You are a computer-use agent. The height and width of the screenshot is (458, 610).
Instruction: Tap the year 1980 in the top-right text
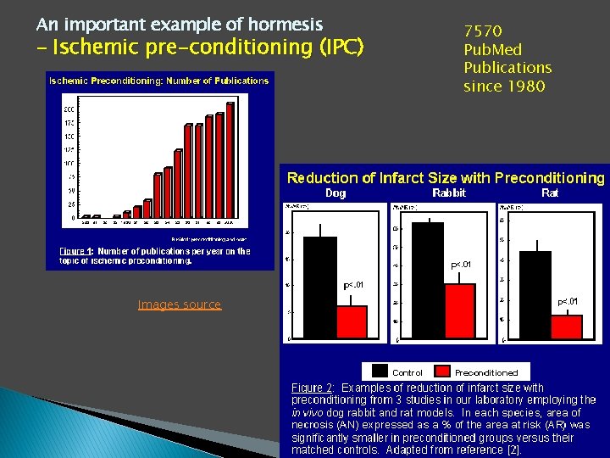(527, 87)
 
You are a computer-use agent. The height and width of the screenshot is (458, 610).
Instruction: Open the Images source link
(179, 304)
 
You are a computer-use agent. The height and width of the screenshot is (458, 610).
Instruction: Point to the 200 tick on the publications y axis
(68, 109)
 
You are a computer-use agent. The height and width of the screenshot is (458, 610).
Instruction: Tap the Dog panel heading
(335, 193)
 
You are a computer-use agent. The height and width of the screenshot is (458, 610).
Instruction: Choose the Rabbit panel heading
(449, 193)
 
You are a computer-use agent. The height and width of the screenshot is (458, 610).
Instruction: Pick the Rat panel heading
(550, 193)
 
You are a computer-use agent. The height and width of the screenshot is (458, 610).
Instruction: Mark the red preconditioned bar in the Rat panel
(560, 327)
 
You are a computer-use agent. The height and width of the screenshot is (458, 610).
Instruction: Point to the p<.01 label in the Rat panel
(568, 301)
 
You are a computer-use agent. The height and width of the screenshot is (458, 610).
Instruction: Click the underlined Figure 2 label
(311, 388)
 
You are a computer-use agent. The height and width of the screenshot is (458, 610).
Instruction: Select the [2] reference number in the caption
(513, 450)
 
